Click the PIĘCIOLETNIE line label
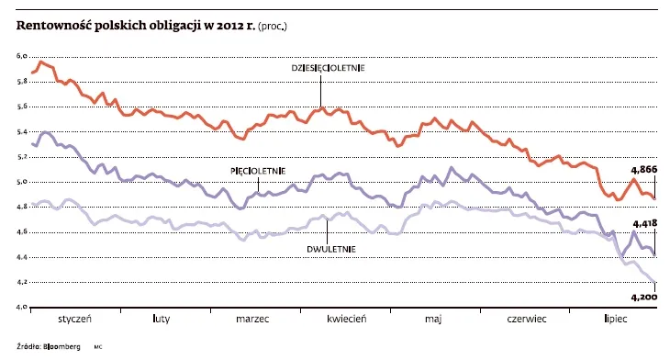coord(257,171)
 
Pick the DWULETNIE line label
coord(327,248)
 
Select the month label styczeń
coord(76,321)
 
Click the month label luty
coord(161,321)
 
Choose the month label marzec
coord(252,321)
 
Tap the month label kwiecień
coord(346,321)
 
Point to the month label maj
coord(433,321)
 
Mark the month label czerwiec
coord(526,321)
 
